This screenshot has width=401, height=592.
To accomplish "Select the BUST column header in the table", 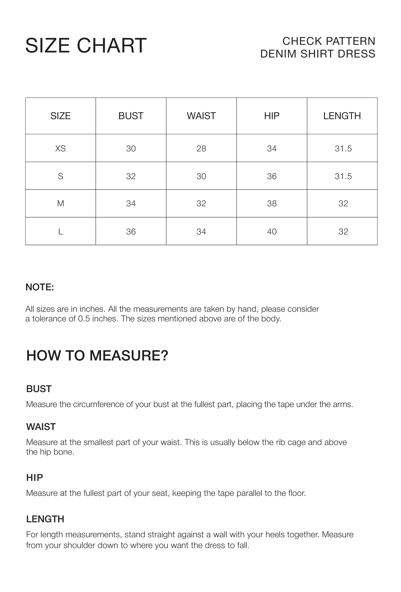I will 131,116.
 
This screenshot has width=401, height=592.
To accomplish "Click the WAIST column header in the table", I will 201,116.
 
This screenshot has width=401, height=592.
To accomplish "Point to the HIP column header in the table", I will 272,116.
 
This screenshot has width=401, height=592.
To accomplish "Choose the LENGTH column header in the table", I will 342,116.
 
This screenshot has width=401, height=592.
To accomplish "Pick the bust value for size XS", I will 131,148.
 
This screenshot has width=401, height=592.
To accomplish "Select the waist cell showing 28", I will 201,148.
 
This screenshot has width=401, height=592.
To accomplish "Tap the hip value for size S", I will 272,176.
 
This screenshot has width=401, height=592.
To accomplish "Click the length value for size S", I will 343,176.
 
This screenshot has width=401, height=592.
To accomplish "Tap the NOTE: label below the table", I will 40,287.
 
